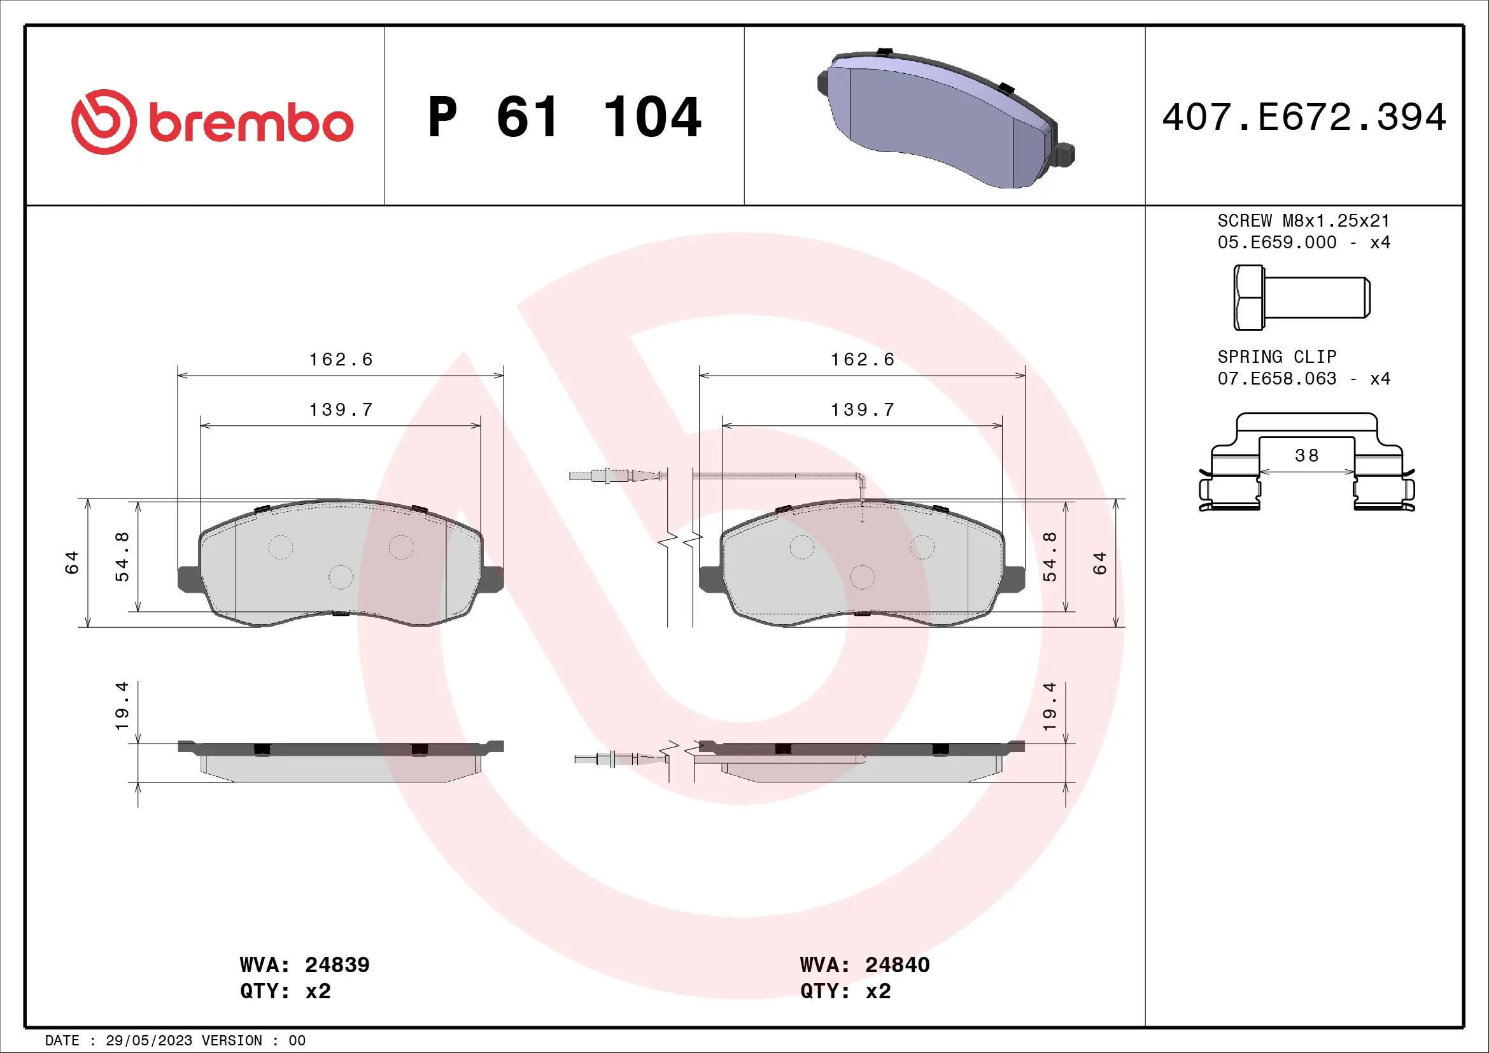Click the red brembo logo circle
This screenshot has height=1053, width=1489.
104,122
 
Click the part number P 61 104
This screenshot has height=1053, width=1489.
564,117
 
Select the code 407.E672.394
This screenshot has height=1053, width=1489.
1304,117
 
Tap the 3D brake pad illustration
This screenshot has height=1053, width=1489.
943,120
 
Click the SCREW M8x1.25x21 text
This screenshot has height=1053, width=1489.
1304,221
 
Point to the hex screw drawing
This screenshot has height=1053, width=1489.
1301,297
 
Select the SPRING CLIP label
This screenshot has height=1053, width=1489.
1276,357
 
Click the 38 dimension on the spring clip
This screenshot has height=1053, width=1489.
1306,456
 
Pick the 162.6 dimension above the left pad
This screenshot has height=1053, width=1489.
341,360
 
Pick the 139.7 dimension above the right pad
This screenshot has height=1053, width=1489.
863,410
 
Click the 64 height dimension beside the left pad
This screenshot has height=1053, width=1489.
71,562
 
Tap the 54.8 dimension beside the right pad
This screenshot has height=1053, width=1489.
1049,556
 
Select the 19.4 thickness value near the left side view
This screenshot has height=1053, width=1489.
122,706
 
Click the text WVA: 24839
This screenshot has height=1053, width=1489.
304,965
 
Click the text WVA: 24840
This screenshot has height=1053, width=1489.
864,965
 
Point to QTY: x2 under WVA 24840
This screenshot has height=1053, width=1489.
845,991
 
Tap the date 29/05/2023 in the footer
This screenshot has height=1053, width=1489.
148,1041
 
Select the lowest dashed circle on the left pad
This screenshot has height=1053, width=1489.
341,577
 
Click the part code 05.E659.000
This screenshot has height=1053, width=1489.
1276,243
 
